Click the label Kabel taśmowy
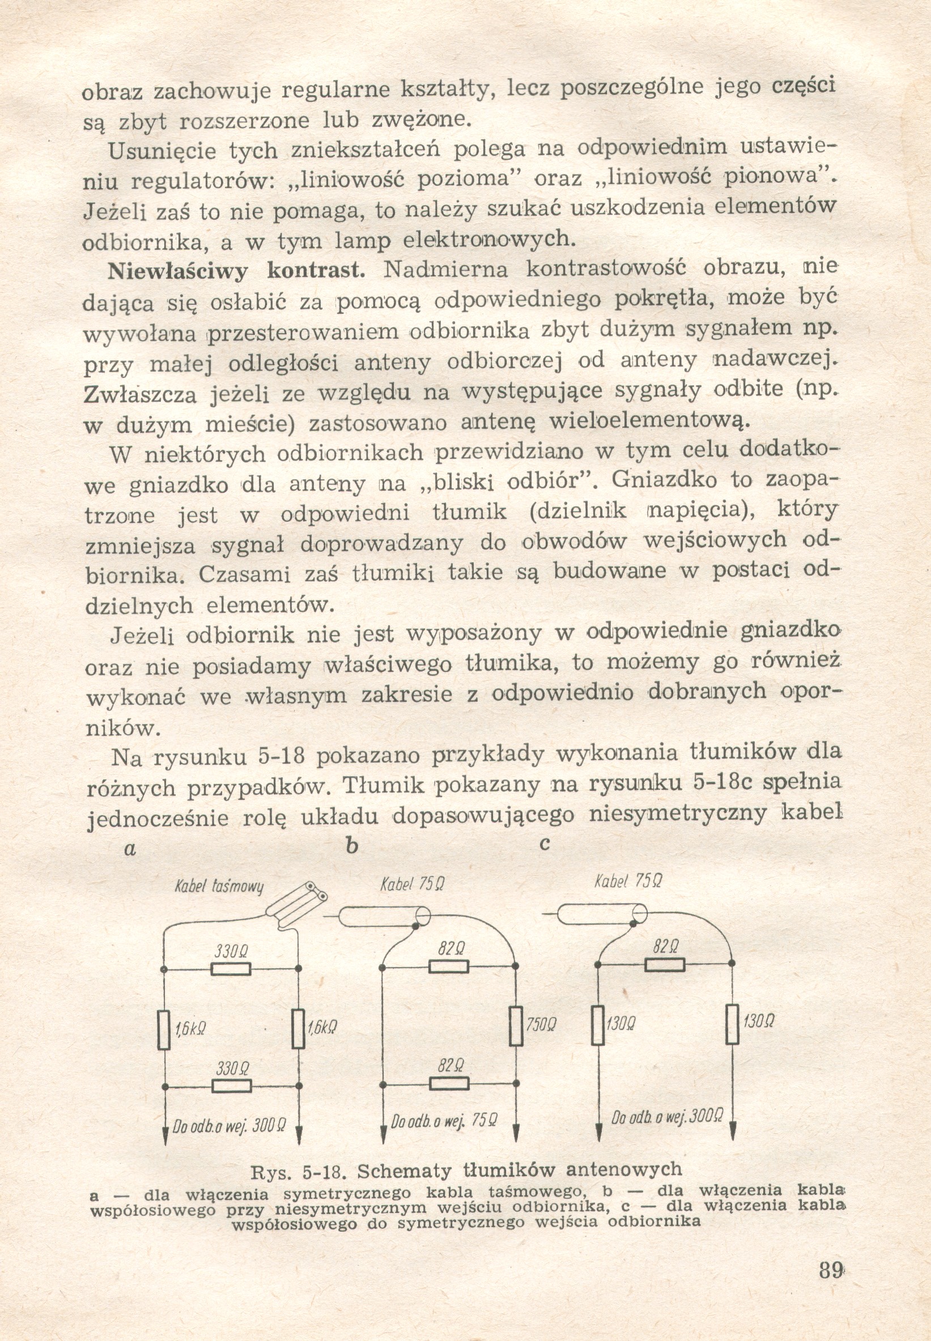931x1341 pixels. [219, 887]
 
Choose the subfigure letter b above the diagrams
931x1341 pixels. [352, 846]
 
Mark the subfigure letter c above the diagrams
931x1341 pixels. [546, 845]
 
